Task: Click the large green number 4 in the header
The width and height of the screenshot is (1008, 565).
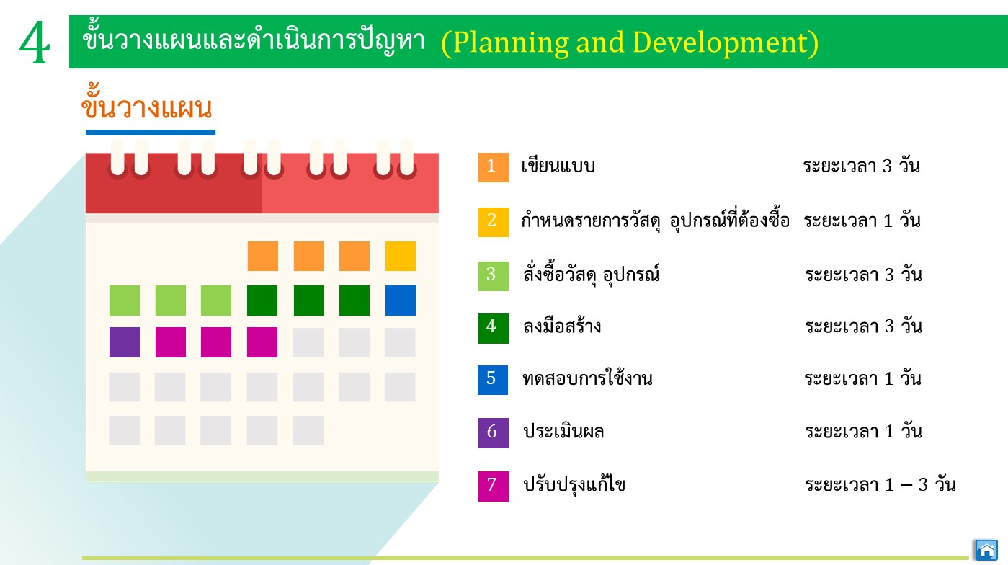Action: coord(35,43)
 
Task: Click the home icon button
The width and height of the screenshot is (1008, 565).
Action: coord(986,550)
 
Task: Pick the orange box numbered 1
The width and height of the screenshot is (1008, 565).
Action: coord(494,167)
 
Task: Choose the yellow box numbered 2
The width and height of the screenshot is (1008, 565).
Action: coord(494,222)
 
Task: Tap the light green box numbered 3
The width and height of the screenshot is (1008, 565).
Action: coord(494,276)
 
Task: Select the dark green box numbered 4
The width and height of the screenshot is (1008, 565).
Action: coord(494,328)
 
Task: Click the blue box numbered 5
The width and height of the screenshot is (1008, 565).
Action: coord(493,380)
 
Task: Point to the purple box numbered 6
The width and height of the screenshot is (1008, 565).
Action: coord(494,433)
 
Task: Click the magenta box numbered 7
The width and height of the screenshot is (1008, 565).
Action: coord(494,486)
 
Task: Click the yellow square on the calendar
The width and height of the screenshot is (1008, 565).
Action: coord(401,256)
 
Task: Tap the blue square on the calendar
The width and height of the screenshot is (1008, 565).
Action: coord(401,301)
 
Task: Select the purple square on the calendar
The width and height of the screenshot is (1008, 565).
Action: coord(125,342)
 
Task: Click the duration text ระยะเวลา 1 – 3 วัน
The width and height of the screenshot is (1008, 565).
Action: coord(880,484)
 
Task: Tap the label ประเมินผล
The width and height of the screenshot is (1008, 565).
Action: coord(563,431)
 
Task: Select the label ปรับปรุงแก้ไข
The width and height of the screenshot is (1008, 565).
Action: coord(574,484)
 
